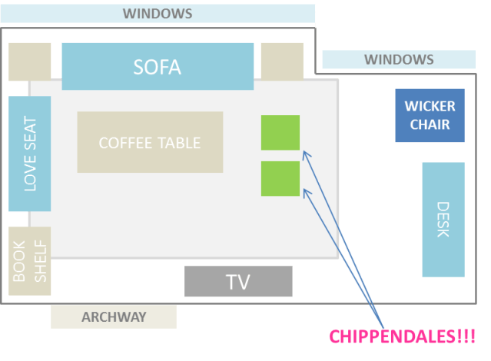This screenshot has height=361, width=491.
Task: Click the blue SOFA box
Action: tap(158, 66)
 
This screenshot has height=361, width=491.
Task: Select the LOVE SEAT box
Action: tap(30, 154)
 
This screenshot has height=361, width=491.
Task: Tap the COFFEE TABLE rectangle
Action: tap(150, 142)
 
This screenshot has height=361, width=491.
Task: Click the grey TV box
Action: tap(238, 281)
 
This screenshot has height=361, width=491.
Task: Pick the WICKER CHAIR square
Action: tap(430, 115)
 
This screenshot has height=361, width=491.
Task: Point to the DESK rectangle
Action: tap(443, 219)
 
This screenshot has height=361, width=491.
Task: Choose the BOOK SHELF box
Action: tap(30, 261)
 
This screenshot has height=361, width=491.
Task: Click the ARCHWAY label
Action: tap(114, 316)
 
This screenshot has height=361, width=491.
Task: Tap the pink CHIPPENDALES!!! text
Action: tap(402, 336)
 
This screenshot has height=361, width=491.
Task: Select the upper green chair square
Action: tap(280, 133)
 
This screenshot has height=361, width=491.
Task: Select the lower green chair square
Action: tap(280, 178)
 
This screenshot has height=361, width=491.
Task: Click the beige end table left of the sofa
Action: tap(30, 61)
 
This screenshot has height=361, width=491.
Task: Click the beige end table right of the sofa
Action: tap(282, 61)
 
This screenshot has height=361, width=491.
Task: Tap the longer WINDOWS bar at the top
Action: tap(158, 14)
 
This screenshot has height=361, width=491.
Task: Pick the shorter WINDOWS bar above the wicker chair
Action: tap(399, 59)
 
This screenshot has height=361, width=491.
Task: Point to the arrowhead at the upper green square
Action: tap(304, 153)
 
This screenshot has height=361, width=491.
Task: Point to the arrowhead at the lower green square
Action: tap(306, 190)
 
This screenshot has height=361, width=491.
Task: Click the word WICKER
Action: tap(430, 106)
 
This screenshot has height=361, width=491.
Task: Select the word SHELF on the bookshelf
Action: tap(40, 262)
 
